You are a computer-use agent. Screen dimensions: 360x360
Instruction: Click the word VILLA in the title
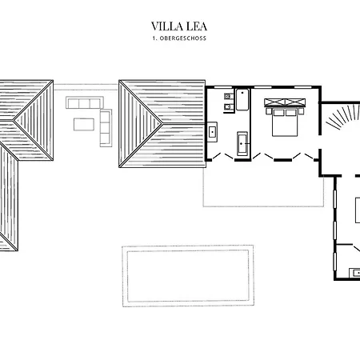[x=167, y=26]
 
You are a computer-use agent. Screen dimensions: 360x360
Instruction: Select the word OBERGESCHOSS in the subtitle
[x=183, y=38]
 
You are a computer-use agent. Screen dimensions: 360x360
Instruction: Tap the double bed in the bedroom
[x=285, y=122]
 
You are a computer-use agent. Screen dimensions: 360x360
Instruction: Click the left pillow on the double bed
[x=278, y=112]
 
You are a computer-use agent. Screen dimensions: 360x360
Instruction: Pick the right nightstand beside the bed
[x=301, y=111]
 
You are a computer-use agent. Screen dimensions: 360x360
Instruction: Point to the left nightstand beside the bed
[x=269, y=111]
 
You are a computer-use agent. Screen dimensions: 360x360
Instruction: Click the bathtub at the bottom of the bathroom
[x=242, y=143]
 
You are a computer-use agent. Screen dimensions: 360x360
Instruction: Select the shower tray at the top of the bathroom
[x=242, y=99]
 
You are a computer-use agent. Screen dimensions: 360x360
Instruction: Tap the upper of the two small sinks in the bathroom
[x=227, y=96]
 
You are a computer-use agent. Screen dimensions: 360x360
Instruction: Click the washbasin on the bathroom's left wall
[x=212, y=132]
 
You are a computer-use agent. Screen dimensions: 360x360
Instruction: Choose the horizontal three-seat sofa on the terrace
[x=85, y=102]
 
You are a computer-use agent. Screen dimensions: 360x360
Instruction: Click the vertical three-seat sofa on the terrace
[x=106, y=128]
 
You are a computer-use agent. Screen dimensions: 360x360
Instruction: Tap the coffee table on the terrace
[x=84, y=125]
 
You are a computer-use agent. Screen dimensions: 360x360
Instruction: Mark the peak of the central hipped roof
[x=162, y=124]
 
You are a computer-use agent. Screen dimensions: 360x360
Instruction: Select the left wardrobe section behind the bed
[x=274, y=102]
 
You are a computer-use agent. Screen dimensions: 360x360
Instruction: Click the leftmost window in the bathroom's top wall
[x=223, y=87]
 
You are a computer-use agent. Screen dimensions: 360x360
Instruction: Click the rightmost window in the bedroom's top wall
[x=302, y=87]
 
